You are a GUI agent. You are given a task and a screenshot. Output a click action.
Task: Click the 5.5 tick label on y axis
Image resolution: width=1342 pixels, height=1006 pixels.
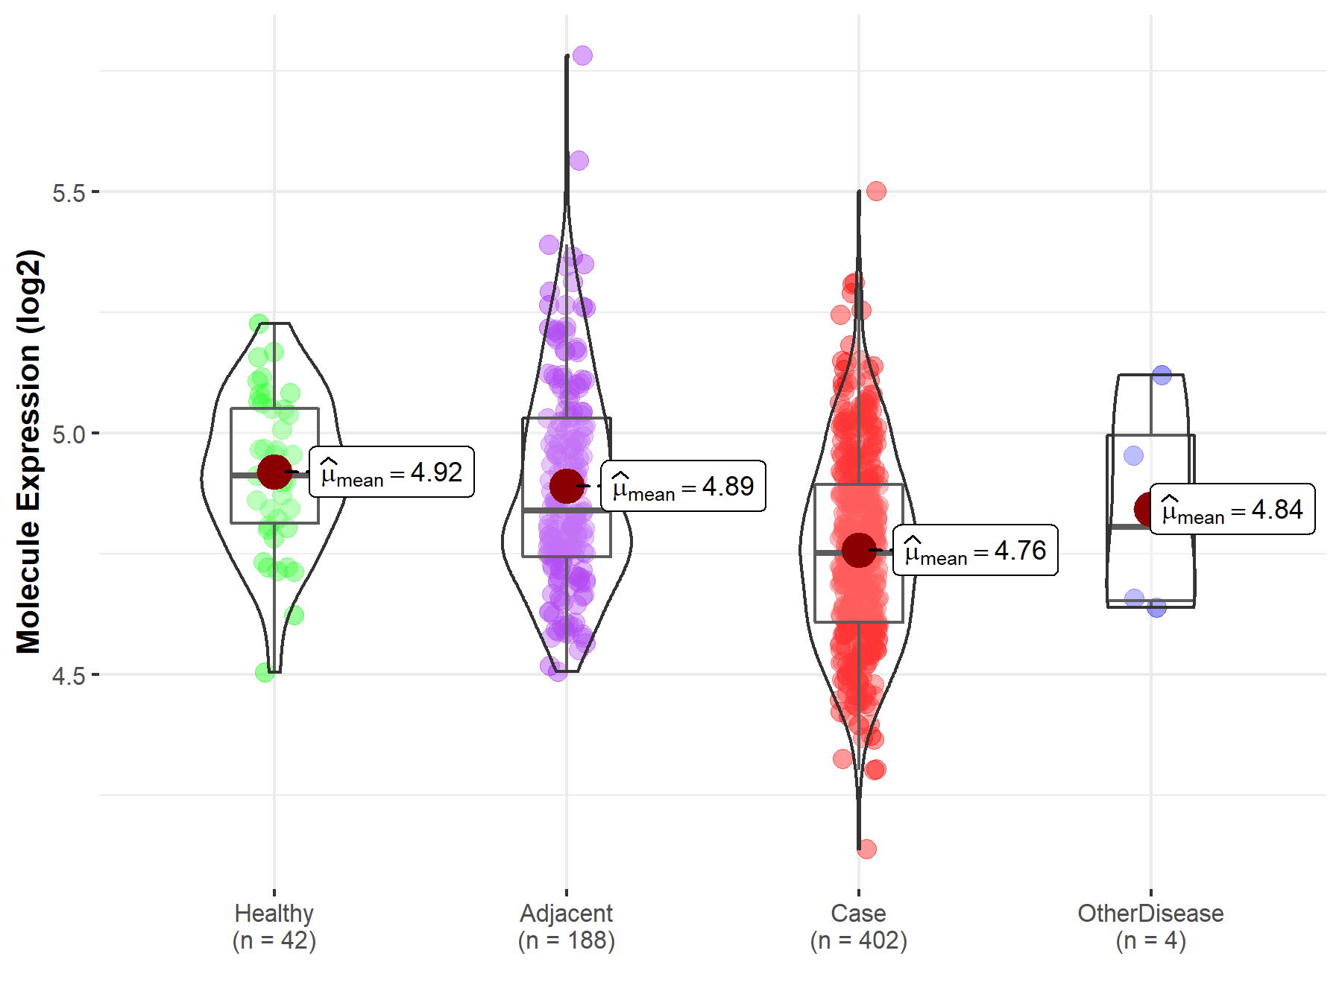click(69, 193)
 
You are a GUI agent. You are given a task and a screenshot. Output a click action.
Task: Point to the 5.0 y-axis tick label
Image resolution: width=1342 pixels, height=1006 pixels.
click(69, 434)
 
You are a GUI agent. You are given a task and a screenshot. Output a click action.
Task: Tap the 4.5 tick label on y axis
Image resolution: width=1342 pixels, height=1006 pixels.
click(69, 676)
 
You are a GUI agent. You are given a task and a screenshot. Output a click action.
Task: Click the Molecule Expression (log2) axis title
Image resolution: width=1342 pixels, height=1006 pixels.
click(28, 452)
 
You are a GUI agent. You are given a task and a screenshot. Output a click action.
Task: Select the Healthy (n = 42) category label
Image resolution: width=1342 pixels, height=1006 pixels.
click(274, 926)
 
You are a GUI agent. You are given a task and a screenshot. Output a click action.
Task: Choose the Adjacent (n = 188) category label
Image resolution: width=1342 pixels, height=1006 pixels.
click(567, 926)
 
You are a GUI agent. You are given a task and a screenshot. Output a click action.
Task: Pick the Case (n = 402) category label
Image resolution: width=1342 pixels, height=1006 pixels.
click(859, 926)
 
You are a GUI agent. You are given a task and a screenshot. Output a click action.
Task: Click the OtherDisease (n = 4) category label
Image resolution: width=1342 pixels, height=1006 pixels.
click(1150, 926)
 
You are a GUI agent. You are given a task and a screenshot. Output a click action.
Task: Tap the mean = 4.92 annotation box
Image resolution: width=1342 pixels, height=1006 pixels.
click(392, 472)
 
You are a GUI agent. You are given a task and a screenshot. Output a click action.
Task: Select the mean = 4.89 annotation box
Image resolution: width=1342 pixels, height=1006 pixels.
click(684, 486)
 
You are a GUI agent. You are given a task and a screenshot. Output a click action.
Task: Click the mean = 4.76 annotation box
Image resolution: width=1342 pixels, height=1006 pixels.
click(976, 550)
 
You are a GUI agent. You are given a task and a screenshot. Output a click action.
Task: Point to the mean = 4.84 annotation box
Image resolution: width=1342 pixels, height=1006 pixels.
click(1233, 510)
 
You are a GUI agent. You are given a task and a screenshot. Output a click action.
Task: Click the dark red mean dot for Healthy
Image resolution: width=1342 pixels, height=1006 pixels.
click(274, 472)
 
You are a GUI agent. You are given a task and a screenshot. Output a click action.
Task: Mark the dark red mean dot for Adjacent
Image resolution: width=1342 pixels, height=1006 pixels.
click(567, 486)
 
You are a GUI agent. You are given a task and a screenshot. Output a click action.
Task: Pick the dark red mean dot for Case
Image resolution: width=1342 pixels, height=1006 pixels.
click(859, 550)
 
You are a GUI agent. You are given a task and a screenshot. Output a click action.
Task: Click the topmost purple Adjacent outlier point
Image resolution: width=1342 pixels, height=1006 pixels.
click(582, 55)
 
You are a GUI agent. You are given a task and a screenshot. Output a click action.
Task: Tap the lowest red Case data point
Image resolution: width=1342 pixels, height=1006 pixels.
click(866, 849)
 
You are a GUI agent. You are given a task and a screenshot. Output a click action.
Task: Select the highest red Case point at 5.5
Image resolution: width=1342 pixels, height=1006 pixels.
click(876, 192)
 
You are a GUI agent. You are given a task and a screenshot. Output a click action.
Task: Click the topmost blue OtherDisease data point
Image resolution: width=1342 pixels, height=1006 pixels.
click(1162, 375)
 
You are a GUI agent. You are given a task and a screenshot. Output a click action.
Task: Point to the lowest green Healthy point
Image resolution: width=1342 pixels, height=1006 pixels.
click(265, 673)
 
